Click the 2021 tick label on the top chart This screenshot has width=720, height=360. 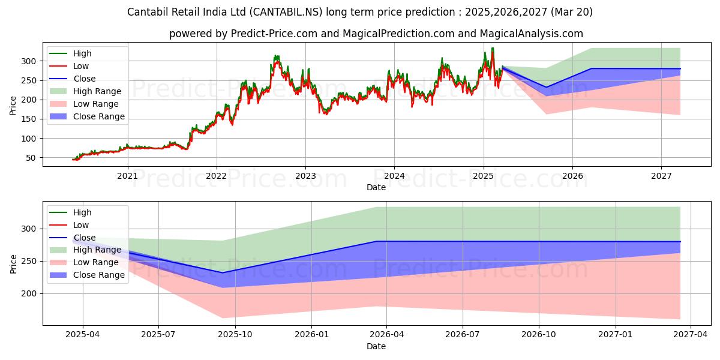127,176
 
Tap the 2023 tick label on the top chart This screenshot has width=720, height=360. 305,176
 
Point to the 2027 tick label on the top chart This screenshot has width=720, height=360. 661,176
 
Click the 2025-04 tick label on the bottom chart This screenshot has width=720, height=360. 83,335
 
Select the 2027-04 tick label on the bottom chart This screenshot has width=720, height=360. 691,335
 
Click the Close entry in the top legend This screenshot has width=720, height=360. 84,79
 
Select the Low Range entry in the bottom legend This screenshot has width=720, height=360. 97,262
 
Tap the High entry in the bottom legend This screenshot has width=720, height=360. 82,212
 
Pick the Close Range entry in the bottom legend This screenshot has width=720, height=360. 99,275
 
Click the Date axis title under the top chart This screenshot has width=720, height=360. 376,187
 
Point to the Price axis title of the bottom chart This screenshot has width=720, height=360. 14,263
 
